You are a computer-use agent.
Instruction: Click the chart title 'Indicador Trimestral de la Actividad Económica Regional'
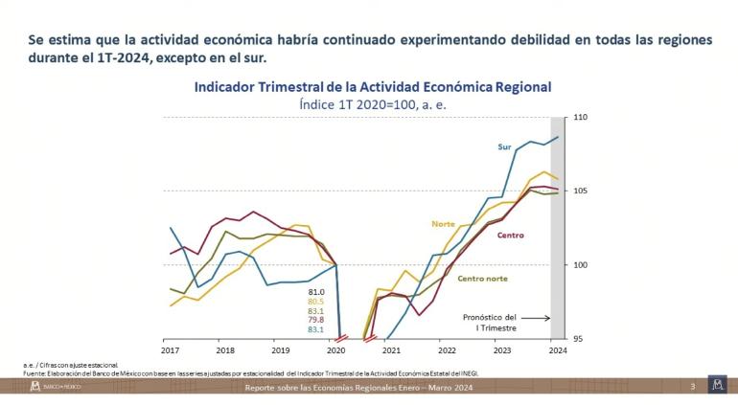373,86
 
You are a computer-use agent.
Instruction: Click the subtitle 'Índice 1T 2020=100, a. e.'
373,103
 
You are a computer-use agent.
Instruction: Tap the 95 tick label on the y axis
579,339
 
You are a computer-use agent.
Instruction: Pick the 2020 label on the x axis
335,351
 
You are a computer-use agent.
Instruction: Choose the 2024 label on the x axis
555,351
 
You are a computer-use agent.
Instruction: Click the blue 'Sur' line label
504,146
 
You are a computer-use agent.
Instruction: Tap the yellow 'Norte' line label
443,224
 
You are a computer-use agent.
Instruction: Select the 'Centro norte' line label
482,279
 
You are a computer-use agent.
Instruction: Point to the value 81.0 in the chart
316,292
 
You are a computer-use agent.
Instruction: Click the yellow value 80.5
316,302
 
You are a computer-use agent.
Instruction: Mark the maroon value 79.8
316,320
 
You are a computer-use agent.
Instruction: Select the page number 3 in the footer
692,386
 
